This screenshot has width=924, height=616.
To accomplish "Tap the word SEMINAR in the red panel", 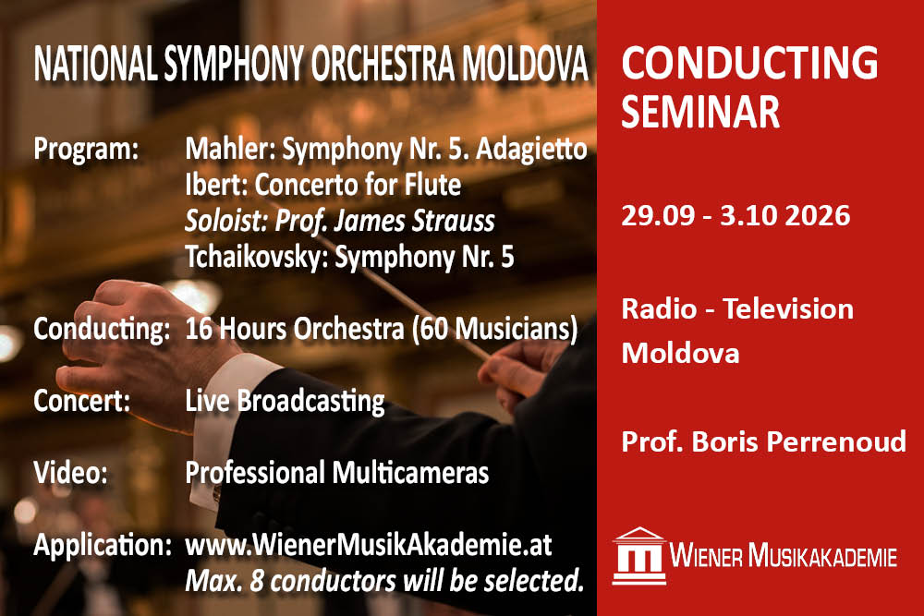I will (700, 112).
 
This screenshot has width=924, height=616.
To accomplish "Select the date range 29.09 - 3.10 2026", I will (736, 217).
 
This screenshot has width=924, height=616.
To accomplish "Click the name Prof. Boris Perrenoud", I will (763, 441).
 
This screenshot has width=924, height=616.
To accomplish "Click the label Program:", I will (86, 148).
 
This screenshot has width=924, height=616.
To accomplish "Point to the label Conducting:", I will (101, 328).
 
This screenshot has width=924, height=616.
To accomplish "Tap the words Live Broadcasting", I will (285, 401).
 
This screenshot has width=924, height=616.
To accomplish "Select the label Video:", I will (71, 473).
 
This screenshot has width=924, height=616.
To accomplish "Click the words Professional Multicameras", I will (336, 473).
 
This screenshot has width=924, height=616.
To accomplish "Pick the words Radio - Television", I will (737, 308).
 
